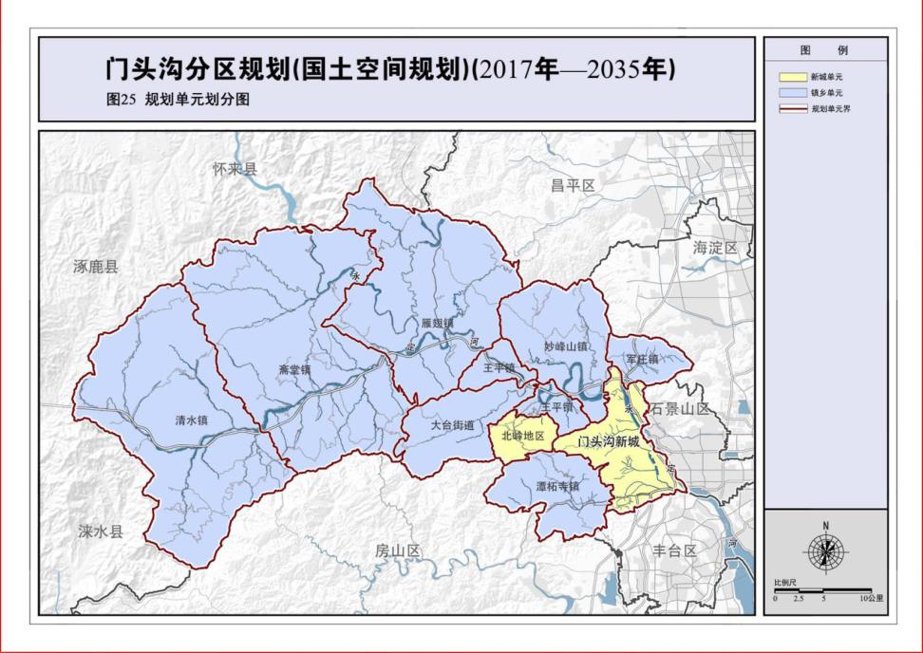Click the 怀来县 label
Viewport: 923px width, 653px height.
coord(235,169)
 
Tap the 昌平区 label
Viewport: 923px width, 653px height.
coord(572,186)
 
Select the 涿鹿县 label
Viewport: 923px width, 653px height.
coord(97,267)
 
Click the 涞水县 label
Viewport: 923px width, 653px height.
coord(101,532)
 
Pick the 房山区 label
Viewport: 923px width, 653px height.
coord(397,550)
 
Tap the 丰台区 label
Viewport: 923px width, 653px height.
coord(675,550)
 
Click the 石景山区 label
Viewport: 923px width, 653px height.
coord(680,408)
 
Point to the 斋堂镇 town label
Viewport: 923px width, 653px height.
coord(295,369)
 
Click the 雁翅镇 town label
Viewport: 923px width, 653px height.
coord(438,323)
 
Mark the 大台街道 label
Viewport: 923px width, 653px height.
coord(451,426)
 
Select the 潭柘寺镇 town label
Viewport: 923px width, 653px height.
coord(556,486)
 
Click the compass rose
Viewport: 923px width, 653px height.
coord(825,551)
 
